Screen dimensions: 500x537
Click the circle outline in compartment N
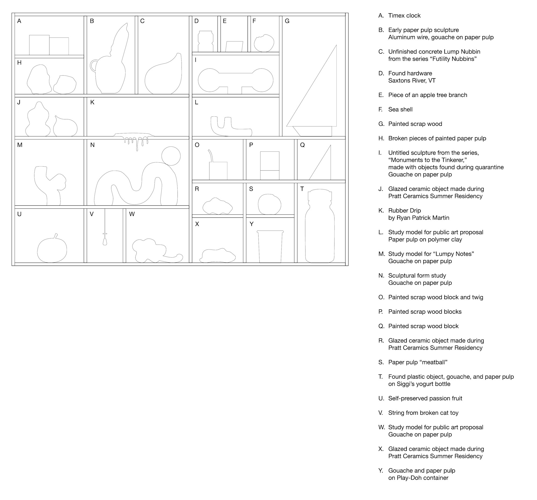171,156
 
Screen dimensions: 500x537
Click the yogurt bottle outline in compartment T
320,227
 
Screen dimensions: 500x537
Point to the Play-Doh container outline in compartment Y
270,247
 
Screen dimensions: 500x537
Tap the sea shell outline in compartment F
264,43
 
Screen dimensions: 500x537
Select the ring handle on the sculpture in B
93,66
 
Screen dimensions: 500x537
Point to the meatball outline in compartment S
269,204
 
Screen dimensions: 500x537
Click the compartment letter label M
20,145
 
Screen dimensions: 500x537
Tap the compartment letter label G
287,21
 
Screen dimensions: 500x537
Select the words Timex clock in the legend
404,16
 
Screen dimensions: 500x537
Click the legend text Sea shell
400,109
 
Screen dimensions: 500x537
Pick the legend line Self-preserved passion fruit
425,398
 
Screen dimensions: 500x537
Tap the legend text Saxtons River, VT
412,81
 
